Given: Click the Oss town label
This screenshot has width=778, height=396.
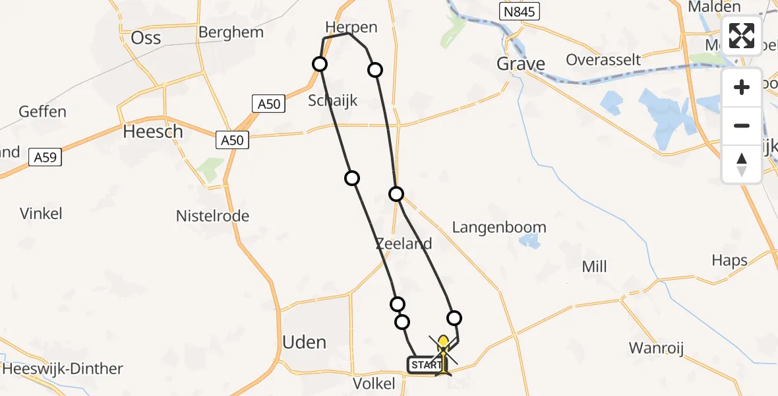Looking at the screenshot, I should (x=146, y=38).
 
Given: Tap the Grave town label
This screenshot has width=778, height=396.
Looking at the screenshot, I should (x=521, y=64).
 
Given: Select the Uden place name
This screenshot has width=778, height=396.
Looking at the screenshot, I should (x=304, y=342).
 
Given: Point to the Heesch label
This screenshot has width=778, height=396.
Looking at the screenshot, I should (x=153, y=131).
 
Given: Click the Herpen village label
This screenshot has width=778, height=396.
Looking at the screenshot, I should (x=351, y=27).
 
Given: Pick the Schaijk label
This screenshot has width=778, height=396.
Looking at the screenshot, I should (x=333, y=100).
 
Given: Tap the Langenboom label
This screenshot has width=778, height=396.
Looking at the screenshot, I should (x=499, y=228).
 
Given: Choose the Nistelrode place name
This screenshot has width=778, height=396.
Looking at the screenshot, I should (x=212, y=216).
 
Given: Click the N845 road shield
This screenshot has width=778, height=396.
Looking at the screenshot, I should (x=518, y=11).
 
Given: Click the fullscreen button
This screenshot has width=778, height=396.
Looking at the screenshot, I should (x=742, y=36).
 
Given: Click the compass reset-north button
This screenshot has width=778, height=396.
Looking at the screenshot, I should (x=742, y=164).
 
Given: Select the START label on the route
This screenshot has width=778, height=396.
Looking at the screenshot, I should (x=426, y=365).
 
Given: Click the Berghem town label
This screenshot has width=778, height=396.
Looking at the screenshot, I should (x=231, y=32).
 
